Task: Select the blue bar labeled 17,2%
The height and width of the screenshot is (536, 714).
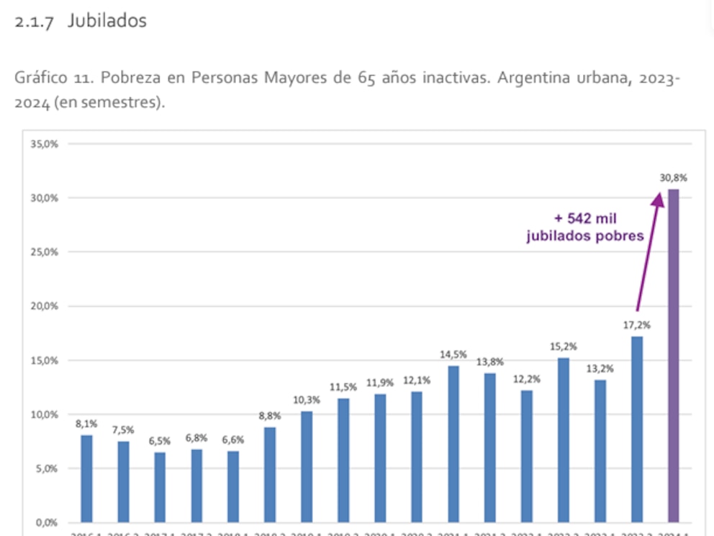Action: [x=636, y=429]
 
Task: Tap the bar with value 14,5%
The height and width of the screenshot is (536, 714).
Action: [x=453, y=443]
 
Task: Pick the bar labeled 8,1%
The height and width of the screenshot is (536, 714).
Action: [x=86, y=478]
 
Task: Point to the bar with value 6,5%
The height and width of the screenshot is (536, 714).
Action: [x=160, y=487]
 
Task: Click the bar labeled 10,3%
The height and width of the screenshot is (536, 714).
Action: [x=307, y=466]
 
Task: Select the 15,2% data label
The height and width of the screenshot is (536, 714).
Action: [x=563, y=347]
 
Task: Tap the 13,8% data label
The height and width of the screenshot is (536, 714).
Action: [x=490, y=362]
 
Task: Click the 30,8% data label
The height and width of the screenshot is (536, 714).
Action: [x=673, y=177]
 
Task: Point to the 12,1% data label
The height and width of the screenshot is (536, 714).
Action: [x=417, y=380]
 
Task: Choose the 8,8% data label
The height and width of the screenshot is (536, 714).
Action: [x=270, y=416]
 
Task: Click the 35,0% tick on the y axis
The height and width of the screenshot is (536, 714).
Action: [x=45, y=143]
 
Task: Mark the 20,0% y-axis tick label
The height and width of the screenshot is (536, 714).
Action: [x=45, y=305]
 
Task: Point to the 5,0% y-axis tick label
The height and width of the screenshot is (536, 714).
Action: [x=47, y=468]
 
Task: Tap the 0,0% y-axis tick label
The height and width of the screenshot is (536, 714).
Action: [x=47, y=522]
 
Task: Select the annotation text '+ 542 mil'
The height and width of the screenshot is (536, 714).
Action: [x=585, y=218]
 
